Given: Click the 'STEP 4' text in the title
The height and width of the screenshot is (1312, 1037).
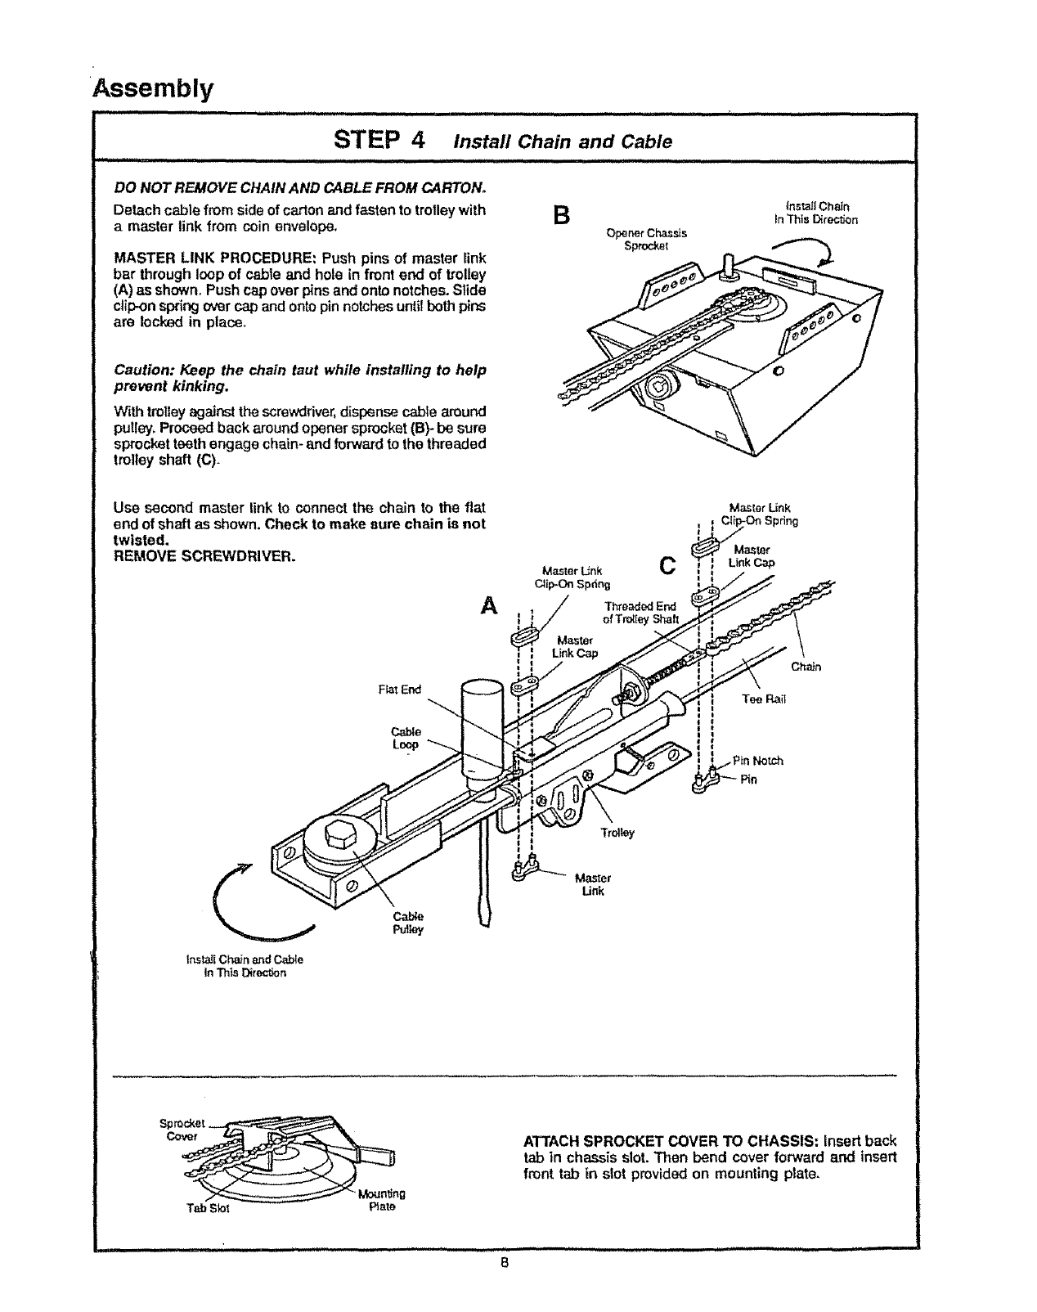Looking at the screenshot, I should coord(379,140).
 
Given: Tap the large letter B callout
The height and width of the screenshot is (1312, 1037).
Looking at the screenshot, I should coord(560,216).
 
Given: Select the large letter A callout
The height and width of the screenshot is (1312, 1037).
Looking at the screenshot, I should coord(489,605).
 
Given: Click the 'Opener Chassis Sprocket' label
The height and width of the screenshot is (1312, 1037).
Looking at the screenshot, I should coord(646,239).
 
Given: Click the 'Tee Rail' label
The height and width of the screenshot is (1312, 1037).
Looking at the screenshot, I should coord(763,699).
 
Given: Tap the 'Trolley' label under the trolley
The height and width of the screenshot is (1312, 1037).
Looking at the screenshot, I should coord(617,833).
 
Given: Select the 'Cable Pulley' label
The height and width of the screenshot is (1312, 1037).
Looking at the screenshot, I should coord(408,923).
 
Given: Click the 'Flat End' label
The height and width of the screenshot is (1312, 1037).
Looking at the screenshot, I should coord(399,690).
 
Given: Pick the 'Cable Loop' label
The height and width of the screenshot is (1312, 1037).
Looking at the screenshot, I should coord(406,738).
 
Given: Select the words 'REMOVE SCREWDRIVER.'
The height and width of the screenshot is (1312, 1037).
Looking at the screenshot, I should coord(204,557).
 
